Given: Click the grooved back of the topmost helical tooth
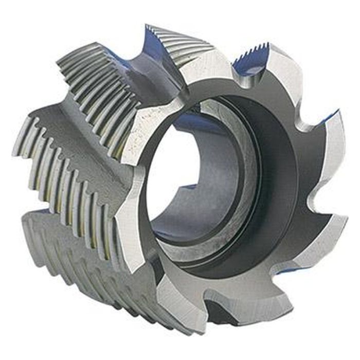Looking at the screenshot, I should coord(180,41).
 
